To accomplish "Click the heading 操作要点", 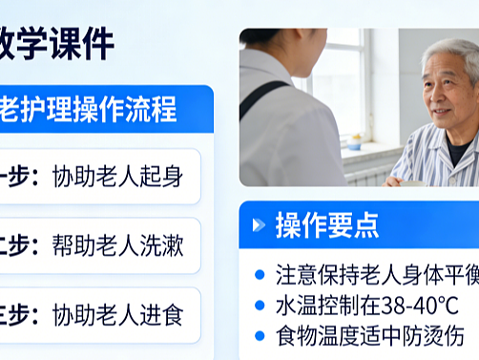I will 326,225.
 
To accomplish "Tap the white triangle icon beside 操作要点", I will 258,226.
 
